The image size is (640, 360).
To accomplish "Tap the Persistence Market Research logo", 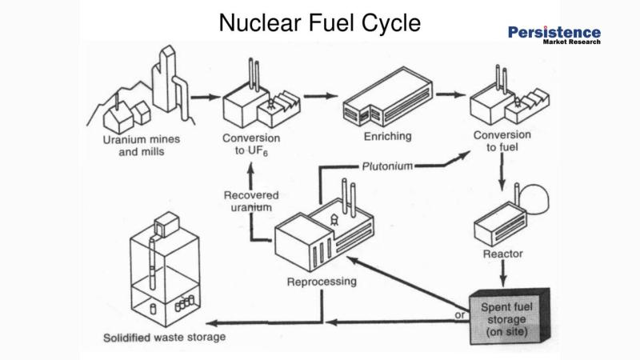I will tap(554, 35).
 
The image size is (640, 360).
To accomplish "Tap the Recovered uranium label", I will tap(250, 201).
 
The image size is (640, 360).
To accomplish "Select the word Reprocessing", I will tap(322, 282).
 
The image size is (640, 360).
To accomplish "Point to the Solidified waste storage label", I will tap(163, 337).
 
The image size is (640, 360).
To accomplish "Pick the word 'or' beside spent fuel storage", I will tap(460, 315).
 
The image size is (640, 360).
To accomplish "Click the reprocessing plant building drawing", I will tap(323, 233).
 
